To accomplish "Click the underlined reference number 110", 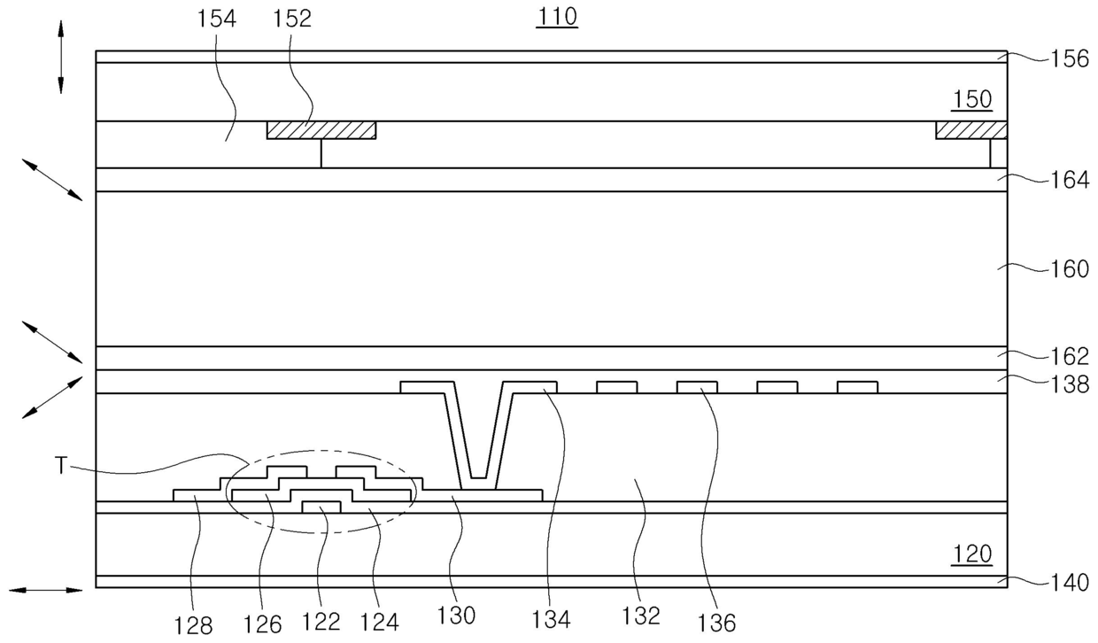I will pyautogui.click(x=556, y=17).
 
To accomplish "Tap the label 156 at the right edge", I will pyautogui.click(x=1069, y=60).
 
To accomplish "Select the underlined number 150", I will pyautogui.click(x=972, y=99).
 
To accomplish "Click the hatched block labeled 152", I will pyautogui.click(x=321, y=130).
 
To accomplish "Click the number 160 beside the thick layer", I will pyautogui.click(x=1069, y=268).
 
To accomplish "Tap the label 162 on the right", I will pyautogui.click(x=1069, y=357).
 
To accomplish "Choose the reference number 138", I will pyautogui.click(x=1069, y=385).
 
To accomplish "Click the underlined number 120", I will pyautogui.click(x=972, y=554).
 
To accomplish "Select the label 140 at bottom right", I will pyautogui.click(x=1069, y=582).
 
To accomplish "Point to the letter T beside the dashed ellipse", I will pyautogui.click(x=61, y=466).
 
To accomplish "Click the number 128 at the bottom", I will pyautogui.click(x=193, y=625).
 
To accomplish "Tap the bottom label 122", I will pyautogui.click(x=321, y=622).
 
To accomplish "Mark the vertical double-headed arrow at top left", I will pyautogui.click(x=61, y=55).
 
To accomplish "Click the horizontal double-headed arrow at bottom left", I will pyautogui.click(x=45, y=588).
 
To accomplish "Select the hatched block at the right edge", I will pyautogui.click(x=971, y=130).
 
